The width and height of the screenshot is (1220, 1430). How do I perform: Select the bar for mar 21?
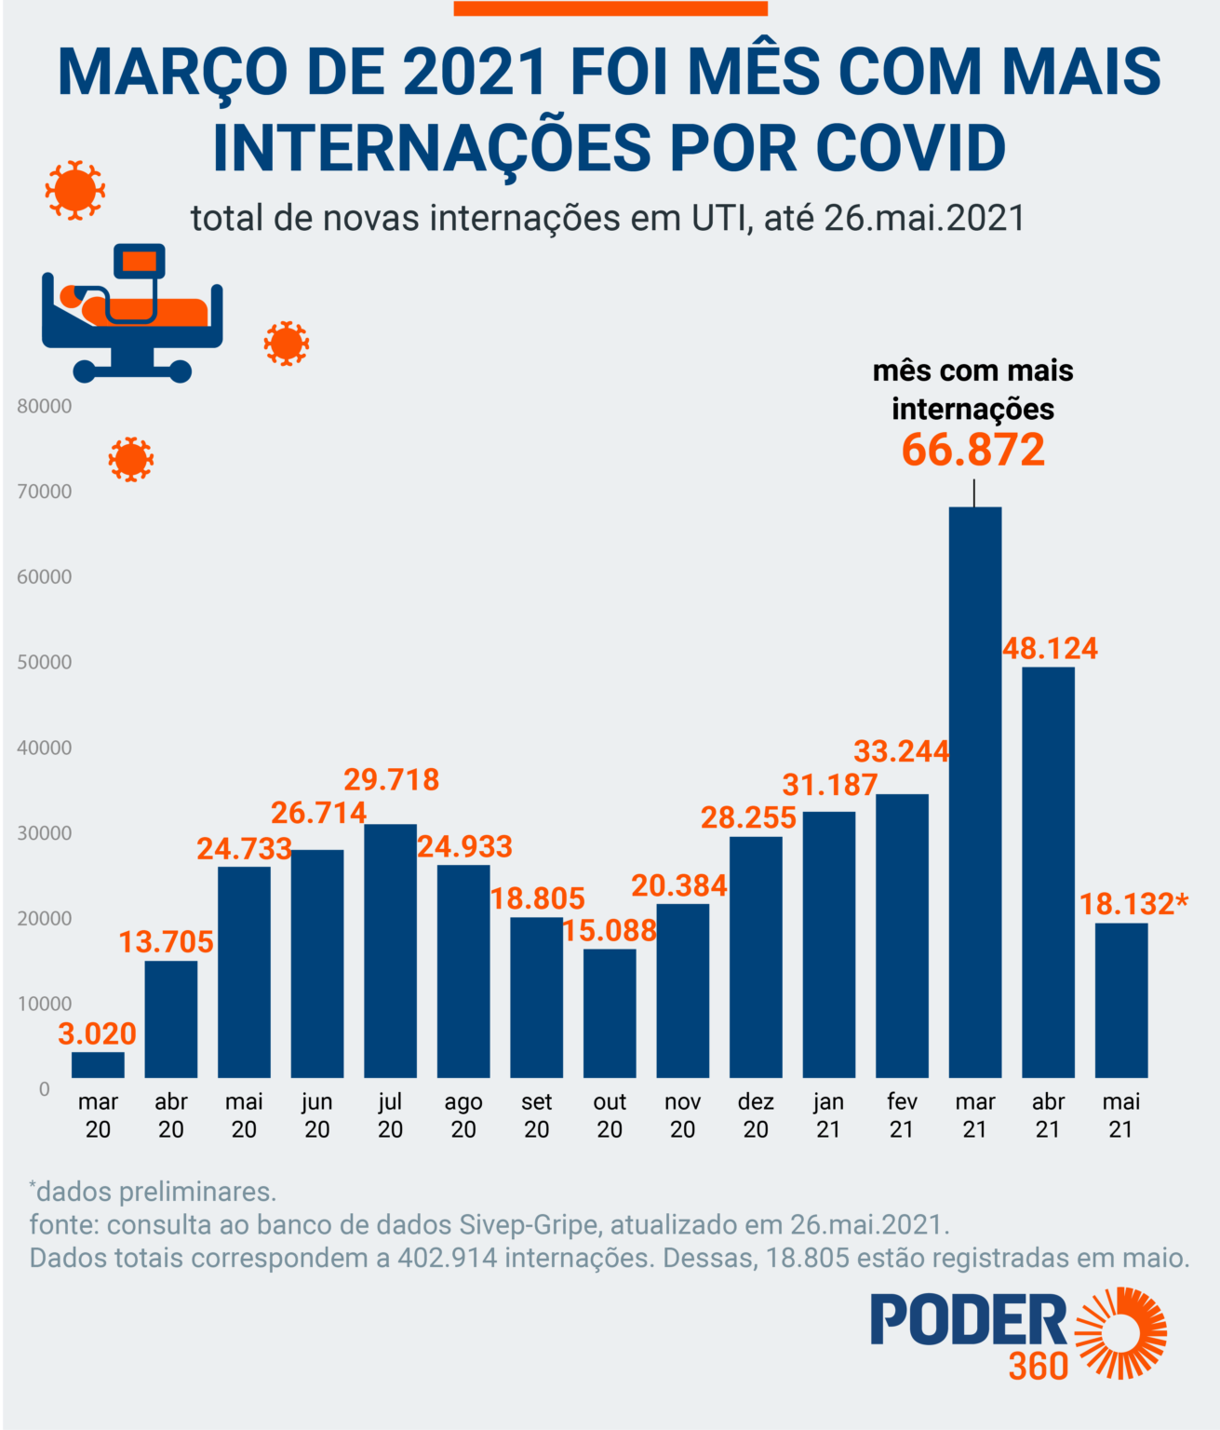click(x=974, y=791)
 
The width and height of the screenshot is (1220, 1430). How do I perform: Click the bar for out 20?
click(x=610, y=1013)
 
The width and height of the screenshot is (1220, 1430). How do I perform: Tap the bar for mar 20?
click(x=98, y=1064)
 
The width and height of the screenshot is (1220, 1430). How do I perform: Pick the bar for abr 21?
click(x=1048, y=871)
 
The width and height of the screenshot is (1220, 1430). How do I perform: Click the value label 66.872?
click(x=973, y=450)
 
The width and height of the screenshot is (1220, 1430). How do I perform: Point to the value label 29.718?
click(x=391, y=779)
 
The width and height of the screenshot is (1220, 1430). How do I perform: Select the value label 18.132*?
click(x=1133, y=903)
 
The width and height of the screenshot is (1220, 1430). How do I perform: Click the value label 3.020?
click(x=97, y=1033)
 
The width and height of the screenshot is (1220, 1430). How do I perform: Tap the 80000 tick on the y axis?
click(x=44, y=406)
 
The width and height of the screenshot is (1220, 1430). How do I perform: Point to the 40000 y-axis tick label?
click(x=44, y=748)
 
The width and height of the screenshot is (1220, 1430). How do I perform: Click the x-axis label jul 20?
click(x=390, y=1115)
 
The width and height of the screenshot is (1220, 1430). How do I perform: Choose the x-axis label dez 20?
click(x=756, y=1115)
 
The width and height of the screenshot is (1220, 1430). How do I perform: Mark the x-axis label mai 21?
click(x=1120, y=1115)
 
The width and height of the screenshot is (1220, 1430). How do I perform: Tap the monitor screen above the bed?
click(x=140, y=262)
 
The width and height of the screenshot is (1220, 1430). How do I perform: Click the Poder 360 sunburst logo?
click(x=1122, y=1333)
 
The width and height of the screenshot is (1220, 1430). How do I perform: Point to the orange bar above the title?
click(x=610, y=8)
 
